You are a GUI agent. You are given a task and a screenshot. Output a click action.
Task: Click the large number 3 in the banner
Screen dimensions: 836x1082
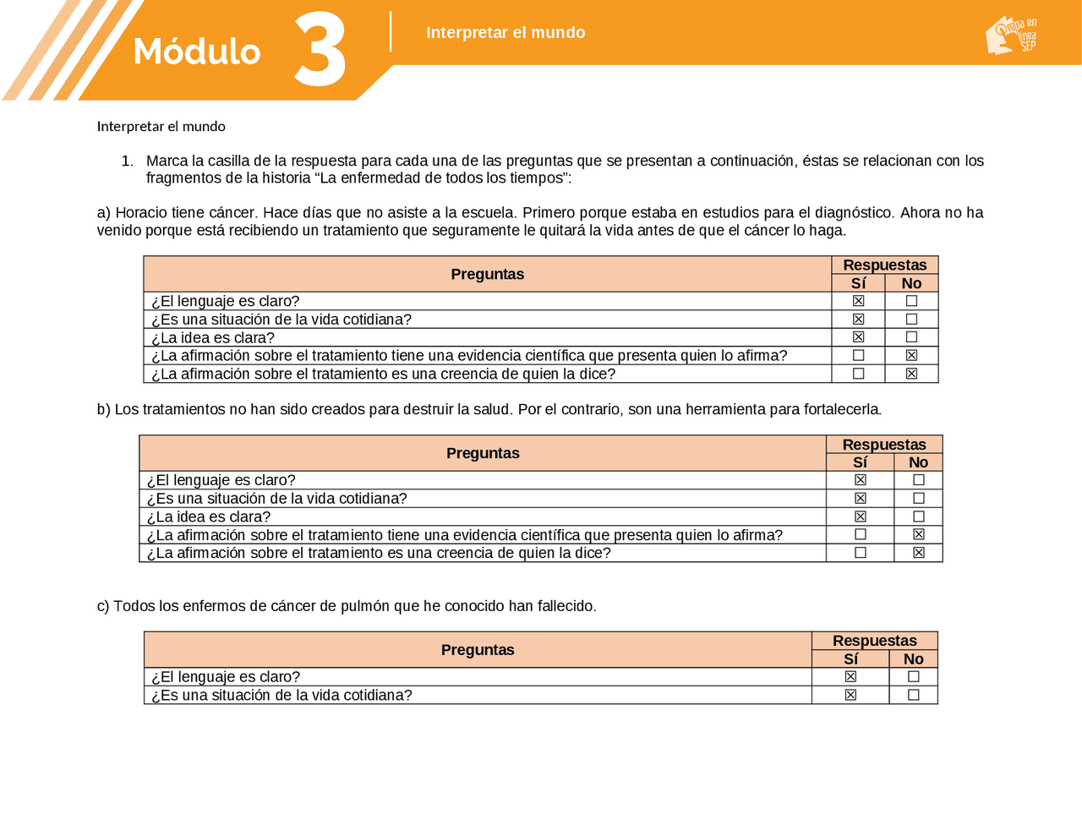tap(320, 51)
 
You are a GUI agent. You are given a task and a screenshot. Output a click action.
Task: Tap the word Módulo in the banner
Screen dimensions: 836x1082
tap(196, 52)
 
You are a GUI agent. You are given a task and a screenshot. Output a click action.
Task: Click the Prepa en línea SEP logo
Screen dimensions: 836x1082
tap(1011, 36)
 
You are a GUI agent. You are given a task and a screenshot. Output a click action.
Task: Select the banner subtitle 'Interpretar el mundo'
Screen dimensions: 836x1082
tap(505, 33)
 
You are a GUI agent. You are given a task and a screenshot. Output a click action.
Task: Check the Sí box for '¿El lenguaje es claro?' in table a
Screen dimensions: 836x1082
tap(858, 301)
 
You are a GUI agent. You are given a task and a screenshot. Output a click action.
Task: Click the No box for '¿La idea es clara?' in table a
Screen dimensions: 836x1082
tap(911, 337)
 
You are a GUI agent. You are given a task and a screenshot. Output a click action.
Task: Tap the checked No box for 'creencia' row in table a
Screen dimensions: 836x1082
tap(911, 374)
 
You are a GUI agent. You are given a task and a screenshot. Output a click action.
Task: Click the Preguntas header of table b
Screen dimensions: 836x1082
tap(483, 453)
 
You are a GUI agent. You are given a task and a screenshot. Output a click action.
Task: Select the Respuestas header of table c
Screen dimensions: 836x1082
tap(874, 641)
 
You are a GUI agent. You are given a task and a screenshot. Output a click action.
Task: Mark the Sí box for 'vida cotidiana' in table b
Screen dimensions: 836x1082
tap(861, 499)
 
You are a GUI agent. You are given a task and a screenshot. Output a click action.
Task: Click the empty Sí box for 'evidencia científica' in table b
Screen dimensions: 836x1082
tap(861, 534)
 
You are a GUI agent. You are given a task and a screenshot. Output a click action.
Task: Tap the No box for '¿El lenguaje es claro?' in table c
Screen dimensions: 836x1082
tap(913, 676)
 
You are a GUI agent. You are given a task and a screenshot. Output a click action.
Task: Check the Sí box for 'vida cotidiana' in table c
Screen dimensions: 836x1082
tap(850, 695)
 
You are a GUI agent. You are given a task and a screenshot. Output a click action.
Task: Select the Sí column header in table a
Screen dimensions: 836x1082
tap(858, 283)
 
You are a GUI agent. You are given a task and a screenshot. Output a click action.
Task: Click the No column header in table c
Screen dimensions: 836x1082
tap(913, 659)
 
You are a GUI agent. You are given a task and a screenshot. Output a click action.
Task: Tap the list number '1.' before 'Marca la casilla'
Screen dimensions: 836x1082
tap(128, 161)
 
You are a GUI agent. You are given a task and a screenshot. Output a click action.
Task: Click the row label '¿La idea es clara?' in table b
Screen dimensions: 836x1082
tap(209, 516)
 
